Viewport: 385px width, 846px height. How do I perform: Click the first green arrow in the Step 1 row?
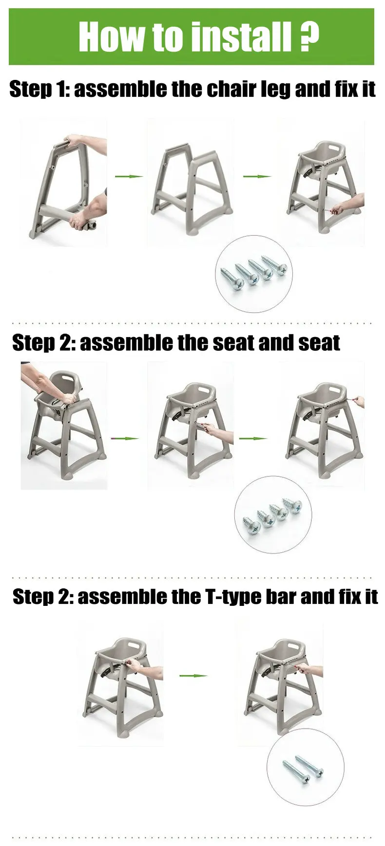tap(129, 176)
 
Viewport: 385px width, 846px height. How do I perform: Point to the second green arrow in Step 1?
tap(257, 176)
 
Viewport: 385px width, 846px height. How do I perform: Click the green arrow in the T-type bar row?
tap(193, 676)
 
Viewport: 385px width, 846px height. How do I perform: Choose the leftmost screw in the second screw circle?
tap(251, 523)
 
